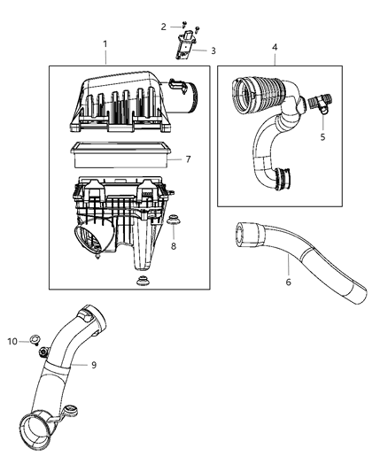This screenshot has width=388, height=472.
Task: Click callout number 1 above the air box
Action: pos(105,44)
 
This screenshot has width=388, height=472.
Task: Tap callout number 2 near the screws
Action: pos(163,27)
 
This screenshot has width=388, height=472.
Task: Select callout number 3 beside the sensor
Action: pos(213,51)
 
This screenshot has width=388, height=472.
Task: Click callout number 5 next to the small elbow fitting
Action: pos(322,137)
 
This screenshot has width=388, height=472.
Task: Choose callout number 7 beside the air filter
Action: pos(188,159)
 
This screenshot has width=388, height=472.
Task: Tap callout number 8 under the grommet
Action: pos(172,246)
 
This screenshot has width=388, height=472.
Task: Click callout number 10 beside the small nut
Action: pos(12,341)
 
